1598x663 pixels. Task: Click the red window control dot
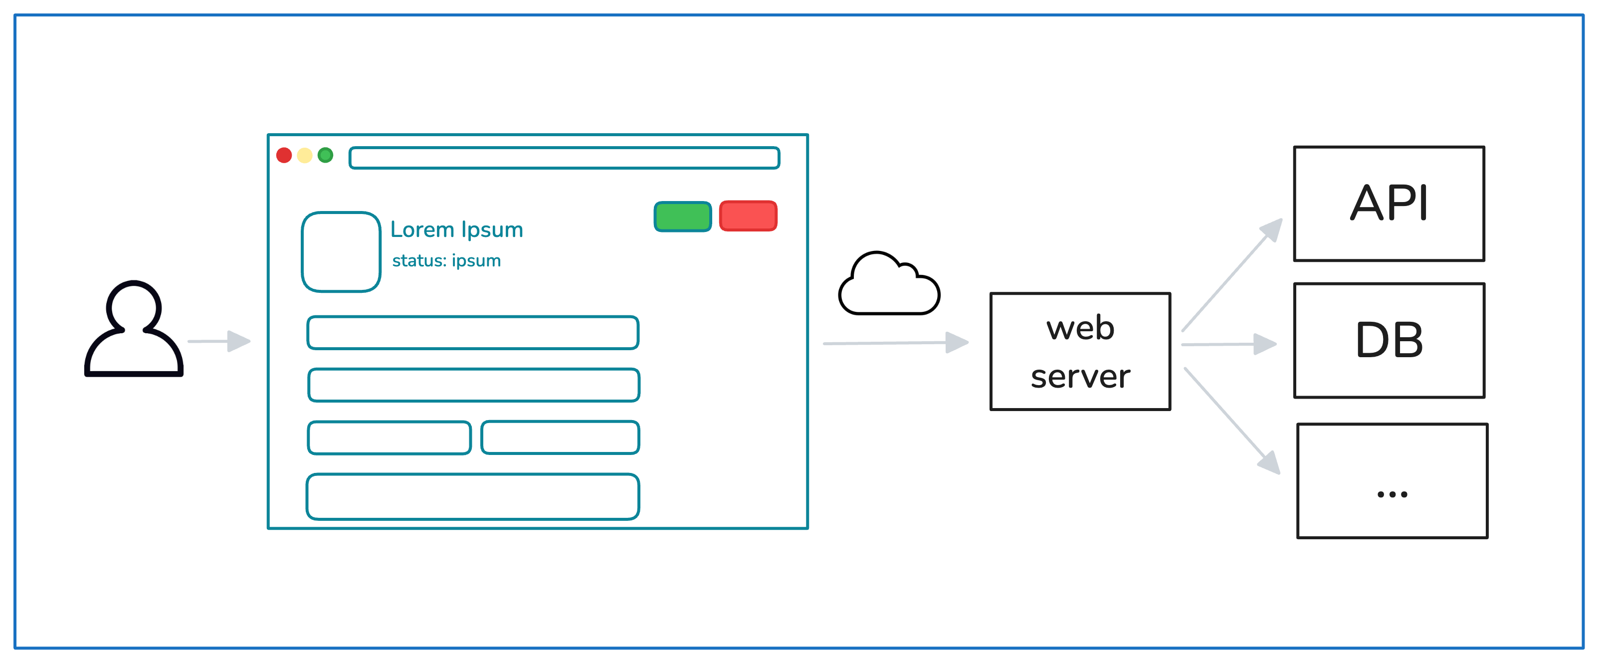tap(284, 155)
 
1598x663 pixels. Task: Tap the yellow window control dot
tap(305, 155)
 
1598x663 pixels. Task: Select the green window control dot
tap(325, 155)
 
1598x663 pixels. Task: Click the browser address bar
tap(564, 158)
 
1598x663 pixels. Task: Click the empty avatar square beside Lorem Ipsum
tap(341, 252)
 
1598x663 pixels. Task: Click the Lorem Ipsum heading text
tap(456, 229)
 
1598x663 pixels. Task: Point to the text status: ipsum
tap(447, 260)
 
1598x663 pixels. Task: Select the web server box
tap(1080, 352)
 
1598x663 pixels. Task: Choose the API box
tap(1389, 204)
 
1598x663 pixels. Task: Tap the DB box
tap(1389, 341)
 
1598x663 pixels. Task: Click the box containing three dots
tap(1392, 480)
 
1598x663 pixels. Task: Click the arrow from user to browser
tap(219, 341)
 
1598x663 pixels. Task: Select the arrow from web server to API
tap(1231, 275)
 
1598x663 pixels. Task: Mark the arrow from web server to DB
tap(1228, 344)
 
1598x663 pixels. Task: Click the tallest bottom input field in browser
tap(473, 496)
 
